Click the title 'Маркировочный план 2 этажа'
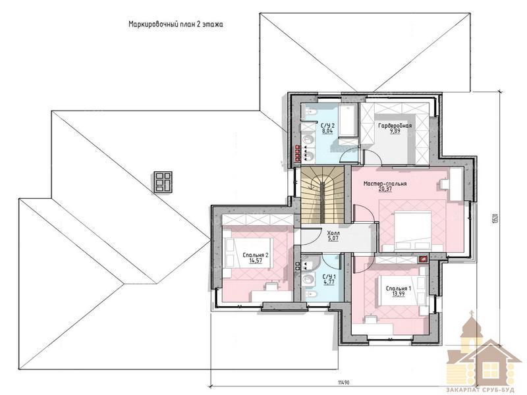click(175, 24)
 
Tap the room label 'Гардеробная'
click(395, 126)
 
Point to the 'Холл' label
click(333, 233)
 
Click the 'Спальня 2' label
click(256, 255)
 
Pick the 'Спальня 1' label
click(399, 288)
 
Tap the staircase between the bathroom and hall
click(322, 195)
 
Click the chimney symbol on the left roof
click(163, 182)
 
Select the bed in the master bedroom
click(413, 231)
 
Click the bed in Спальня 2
click(248, 253)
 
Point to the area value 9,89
click(395, 131)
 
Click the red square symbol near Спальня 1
click(423, 259)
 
